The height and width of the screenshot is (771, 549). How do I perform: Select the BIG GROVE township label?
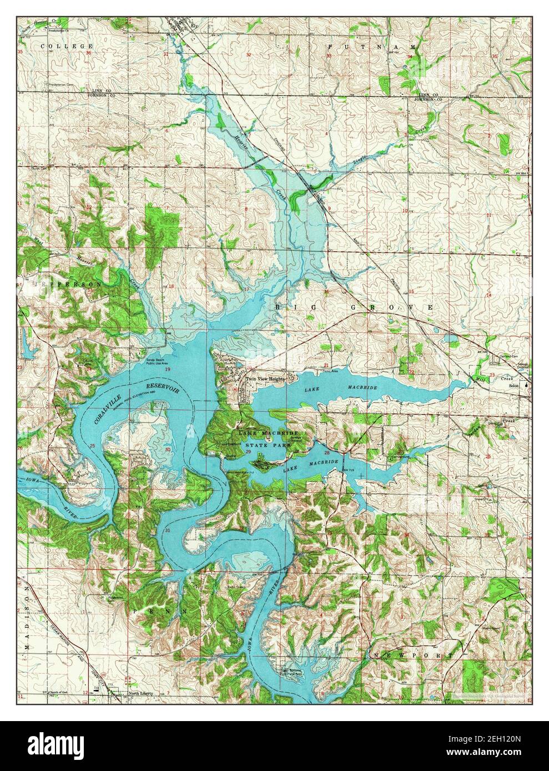tap(353, 306)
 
